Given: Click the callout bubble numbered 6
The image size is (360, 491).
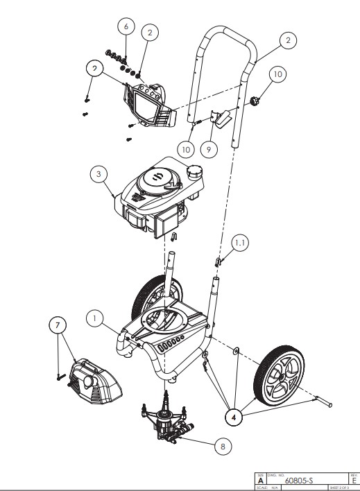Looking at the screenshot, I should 126,26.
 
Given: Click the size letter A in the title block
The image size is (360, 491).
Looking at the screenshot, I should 261,479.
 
